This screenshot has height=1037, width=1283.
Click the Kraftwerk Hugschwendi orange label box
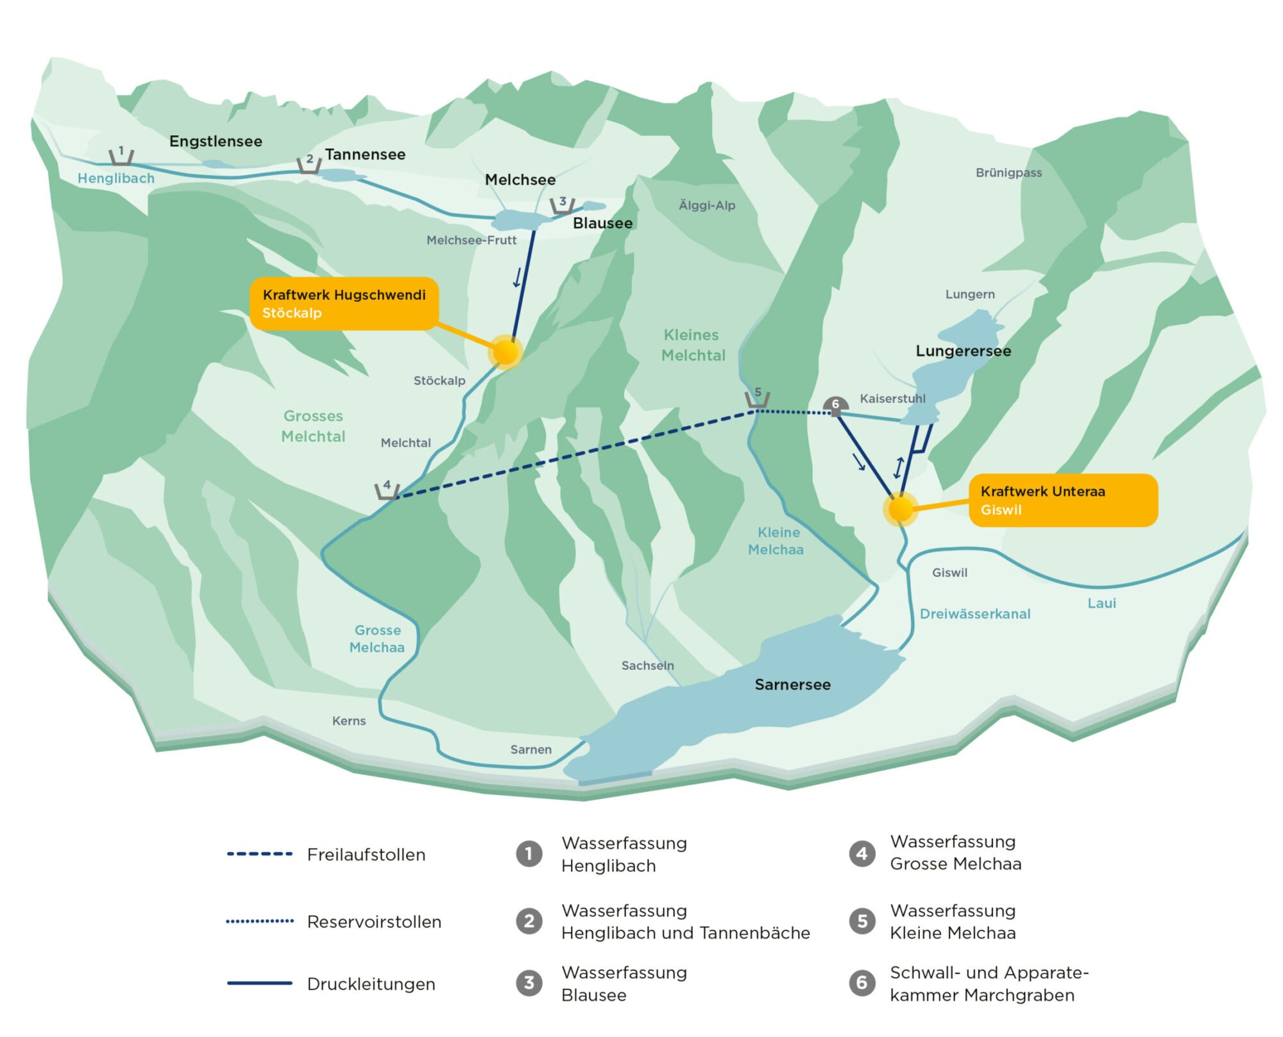click(344, 304)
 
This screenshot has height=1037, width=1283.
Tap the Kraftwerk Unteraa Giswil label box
click(1063, 501)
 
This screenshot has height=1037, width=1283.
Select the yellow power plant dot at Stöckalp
click(506, 352)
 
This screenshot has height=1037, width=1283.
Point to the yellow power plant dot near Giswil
click(901, 509)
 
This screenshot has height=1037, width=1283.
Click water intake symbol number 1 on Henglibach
click(121, 156)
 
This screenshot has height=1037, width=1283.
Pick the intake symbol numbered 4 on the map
click(387, 490)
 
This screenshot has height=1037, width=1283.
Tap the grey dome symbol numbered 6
click(835, 406)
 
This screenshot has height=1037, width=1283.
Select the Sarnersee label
click(792, 685)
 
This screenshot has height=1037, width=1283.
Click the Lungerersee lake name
click(963, 351)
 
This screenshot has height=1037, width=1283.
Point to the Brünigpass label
click(1008, 173)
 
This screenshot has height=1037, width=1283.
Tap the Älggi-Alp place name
click(707, 205)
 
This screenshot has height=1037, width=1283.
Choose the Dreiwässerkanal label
click(974, 614)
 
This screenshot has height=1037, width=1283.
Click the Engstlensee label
click(216, 141)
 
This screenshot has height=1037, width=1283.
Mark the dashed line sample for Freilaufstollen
click(259, 854)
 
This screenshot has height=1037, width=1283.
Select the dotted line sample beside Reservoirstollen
click(259, 921)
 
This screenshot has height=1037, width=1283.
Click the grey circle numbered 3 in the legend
click(529, 982)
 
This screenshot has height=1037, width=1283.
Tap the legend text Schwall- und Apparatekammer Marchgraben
click(988, 984)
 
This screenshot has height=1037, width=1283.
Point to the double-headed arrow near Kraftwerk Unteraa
click(899, 467)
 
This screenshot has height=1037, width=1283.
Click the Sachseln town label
click(647, 665)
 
